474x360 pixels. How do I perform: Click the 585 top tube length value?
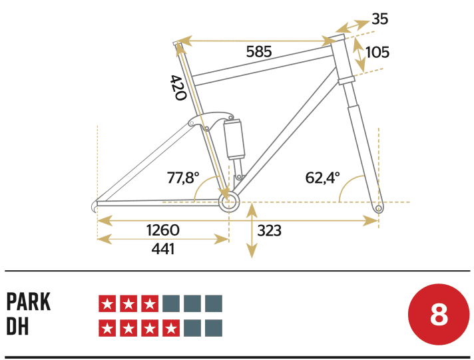[258, 52]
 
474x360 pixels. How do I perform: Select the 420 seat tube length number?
[177, 87]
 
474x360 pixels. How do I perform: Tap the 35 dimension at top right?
[380, 19]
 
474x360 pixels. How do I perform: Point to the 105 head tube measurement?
[377, 52]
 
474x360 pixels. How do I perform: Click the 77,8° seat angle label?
[183, 178]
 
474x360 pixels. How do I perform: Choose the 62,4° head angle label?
[323, 178]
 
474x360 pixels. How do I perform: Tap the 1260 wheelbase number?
[163, 230]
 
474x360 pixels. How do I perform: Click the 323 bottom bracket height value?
[270, 231]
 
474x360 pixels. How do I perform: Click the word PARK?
[29, 301]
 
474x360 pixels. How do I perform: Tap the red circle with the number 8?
[439, 315]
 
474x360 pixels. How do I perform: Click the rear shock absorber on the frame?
[235, 138]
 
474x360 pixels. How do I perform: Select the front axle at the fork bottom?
[379, 209]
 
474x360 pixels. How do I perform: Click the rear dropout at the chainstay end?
[98, 205]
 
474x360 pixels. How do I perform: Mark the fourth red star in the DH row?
[171, 328]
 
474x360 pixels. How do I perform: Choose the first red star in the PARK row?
[107, 304]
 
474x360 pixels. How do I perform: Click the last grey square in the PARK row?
[214, 304]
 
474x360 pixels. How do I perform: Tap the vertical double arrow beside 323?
[252, 231]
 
